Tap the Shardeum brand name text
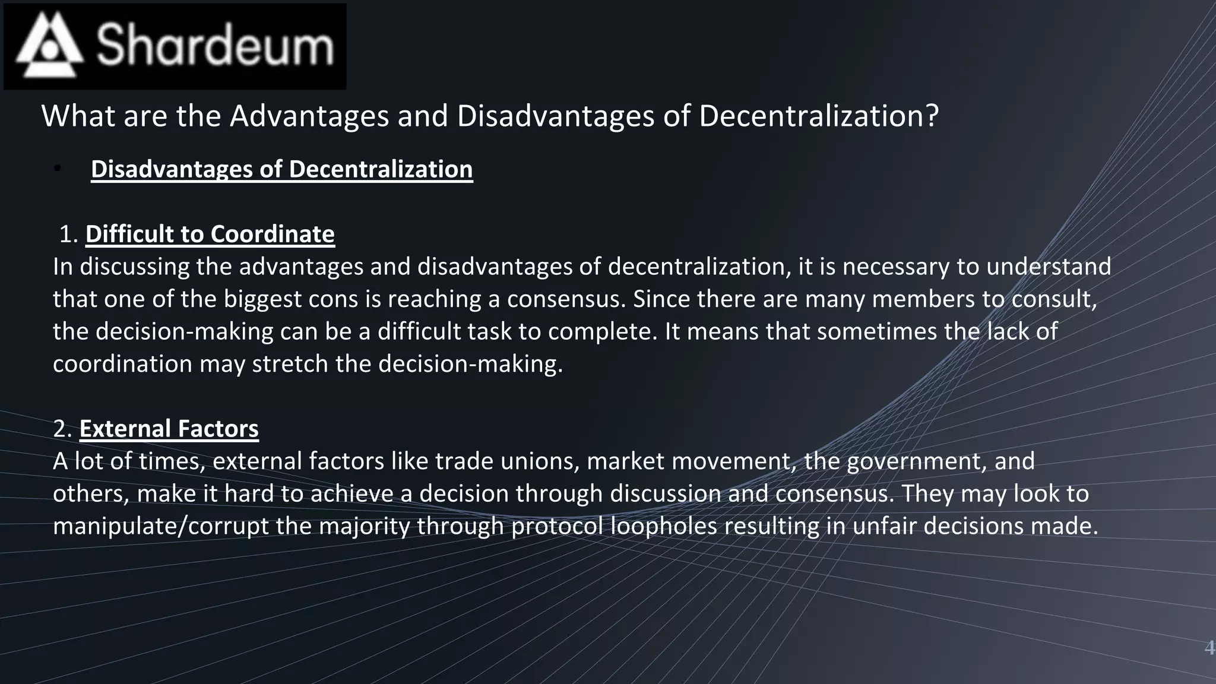tap(215, 46)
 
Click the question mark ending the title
tap(932, 116)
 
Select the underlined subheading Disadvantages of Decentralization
tap(281, 169)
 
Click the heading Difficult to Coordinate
tap(210, 234)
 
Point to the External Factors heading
tap(169, 429)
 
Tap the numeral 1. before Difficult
tap(69, 234)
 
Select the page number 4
tap(1208, 648)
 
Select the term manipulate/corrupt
tap(160, 526)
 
